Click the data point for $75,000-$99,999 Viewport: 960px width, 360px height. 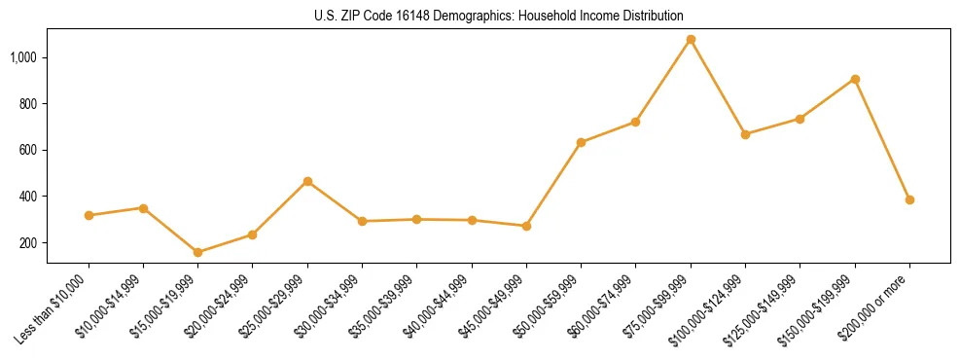[691, 40]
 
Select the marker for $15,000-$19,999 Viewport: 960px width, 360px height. [198, 252]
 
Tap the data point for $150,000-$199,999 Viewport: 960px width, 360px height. [855, 79]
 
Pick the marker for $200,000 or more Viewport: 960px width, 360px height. [909, 199]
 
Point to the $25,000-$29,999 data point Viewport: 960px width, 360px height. [307, 181]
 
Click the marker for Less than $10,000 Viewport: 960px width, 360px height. [89, 215]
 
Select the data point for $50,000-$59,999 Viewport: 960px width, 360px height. [581, 142]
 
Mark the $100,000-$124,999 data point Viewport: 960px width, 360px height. [745, 134]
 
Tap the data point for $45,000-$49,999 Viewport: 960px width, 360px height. [526, 226]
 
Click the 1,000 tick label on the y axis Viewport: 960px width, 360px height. [23, 57]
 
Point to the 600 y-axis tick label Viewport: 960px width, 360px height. [29, 150]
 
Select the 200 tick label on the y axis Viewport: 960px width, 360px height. [29, 242]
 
